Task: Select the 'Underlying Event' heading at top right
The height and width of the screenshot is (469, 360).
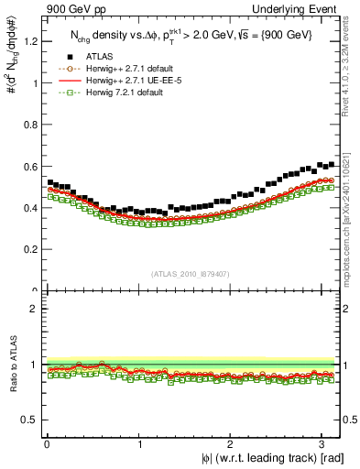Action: [301, 9]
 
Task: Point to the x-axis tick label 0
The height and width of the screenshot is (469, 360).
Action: [46, 444]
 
